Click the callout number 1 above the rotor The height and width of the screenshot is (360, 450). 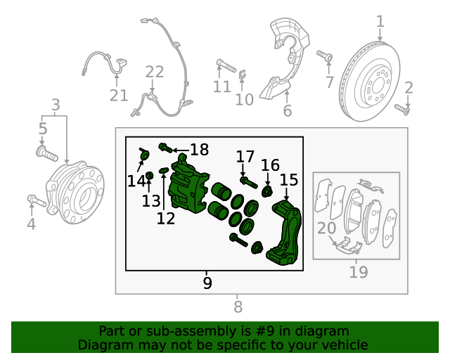point(380,22)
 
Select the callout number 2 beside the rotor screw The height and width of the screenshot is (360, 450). point(409,88)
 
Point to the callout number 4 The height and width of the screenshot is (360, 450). point(31,224)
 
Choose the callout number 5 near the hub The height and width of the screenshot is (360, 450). point(43,129)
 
